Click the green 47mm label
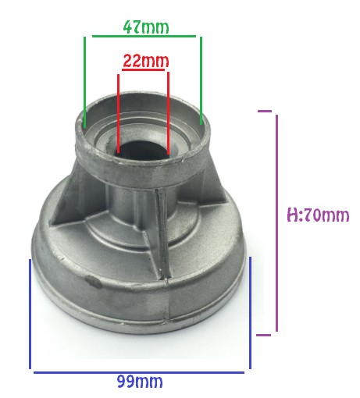click(x=146, y=27)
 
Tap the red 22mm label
click(x=145, y=61)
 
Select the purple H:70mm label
click(x=318, y=215)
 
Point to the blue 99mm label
click(x=140, y=382)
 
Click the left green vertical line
click(x=85, y=82)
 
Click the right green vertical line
click(x=201, y=80)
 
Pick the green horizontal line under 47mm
click(x=144, y=36)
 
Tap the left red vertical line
click(x=118, y=113)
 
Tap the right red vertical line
click(x=168, y=113)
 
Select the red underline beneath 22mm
click(x=144, y=69)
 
